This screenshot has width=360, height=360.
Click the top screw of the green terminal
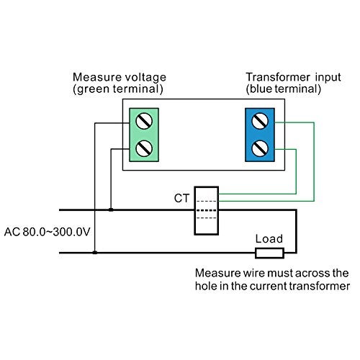[144, 121]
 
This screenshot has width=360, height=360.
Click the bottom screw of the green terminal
[144, 148]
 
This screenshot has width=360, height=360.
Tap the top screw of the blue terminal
[260, 120]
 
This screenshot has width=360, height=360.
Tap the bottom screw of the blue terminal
[260, 148]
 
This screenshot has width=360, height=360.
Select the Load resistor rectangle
[269, 253]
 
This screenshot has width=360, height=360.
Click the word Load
[269, 239]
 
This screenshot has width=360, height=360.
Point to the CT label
[181, 198]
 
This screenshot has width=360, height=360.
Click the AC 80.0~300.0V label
[48, 232]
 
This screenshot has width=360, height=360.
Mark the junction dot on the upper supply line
[111, 210]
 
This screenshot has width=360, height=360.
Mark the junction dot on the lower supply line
[95, 253]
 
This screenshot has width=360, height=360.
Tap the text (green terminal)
[118, 89]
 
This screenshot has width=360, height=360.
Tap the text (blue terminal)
[284, 89]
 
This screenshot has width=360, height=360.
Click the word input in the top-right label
[328, 78]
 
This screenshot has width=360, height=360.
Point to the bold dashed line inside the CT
[207, 210]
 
